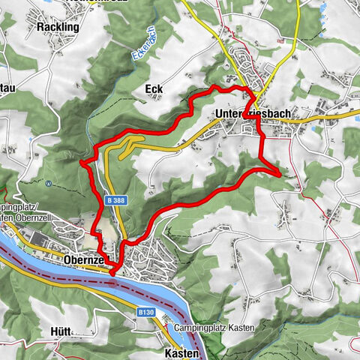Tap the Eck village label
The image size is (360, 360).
pyautogui.click(x=153, y=89)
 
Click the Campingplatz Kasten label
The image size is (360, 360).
pyautogui.click(x=214, y=328)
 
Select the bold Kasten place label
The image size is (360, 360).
pyautogui.click(x=181, y=352)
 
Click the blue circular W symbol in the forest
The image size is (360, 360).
pyautogui.click(x=48, y=182)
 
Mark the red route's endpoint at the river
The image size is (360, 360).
pyautogui.click(x=112, y=273)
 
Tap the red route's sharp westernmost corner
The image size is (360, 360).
pyautogui.click(x=80, y=160)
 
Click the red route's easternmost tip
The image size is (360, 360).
pyautogui.click(x=280, y=173)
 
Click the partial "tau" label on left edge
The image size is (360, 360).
pyautogui.click(x=7, y=88)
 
